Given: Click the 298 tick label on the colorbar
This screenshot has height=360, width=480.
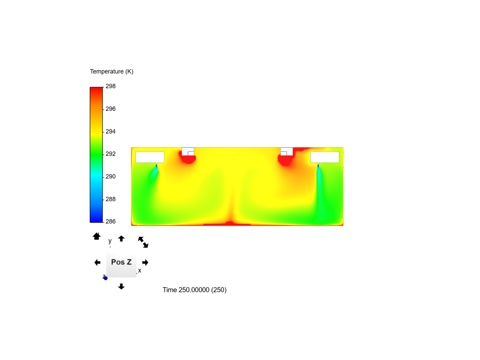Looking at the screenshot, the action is click(x=110, y=86).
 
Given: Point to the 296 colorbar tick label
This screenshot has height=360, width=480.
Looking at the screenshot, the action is click(x=110, y=109).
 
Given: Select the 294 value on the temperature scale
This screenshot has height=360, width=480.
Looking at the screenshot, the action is click(x=110, y=132).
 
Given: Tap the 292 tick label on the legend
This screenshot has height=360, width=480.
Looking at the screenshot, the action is click(x=110, y=154).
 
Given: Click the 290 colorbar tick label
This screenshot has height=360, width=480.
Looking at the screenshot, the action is click(x=110, y=177).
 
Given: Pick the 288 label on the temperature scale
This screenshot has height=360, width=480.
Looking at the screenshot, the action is click(x=110, y=199).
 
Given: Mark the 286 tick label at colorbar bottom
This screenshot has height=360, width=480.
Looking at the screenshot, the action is click(x=110, y=222).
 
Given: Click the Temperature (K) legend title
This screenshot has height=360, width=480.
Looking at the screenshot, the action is click(x=112, y=71).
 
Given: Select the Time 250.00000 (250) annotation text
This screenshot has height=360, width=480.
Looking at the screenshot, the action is click(x=194, y=290).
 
